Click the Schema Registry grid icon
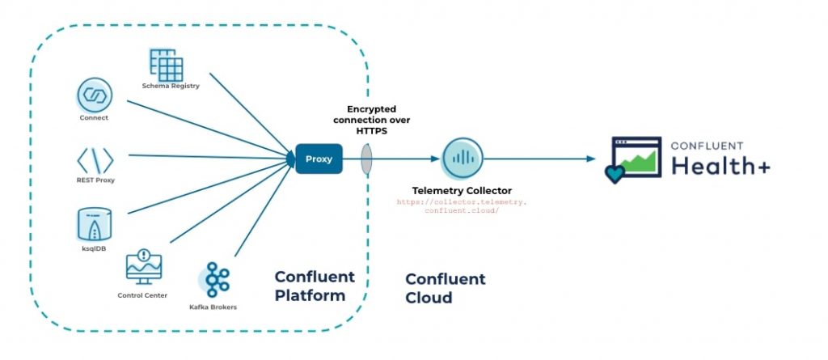[x=167, y=65]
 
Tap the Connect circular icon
[x=94, y=95]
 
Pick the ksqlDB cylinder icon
[x=95, y=221]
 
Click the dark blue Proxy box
[x=319, y=159]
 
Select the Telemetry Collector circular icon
[x=462, y=159]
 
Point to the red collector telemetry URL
[x=462, y=205]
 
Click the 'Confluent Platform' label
[x=315, y=286]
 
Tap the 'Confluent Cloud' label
[x=445, y=288]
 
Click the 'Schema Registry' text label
[x=171, y=86]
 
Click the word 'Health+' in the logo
[x=720, y=165]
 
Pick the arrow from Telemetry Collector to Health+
[x=542, y=159]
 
